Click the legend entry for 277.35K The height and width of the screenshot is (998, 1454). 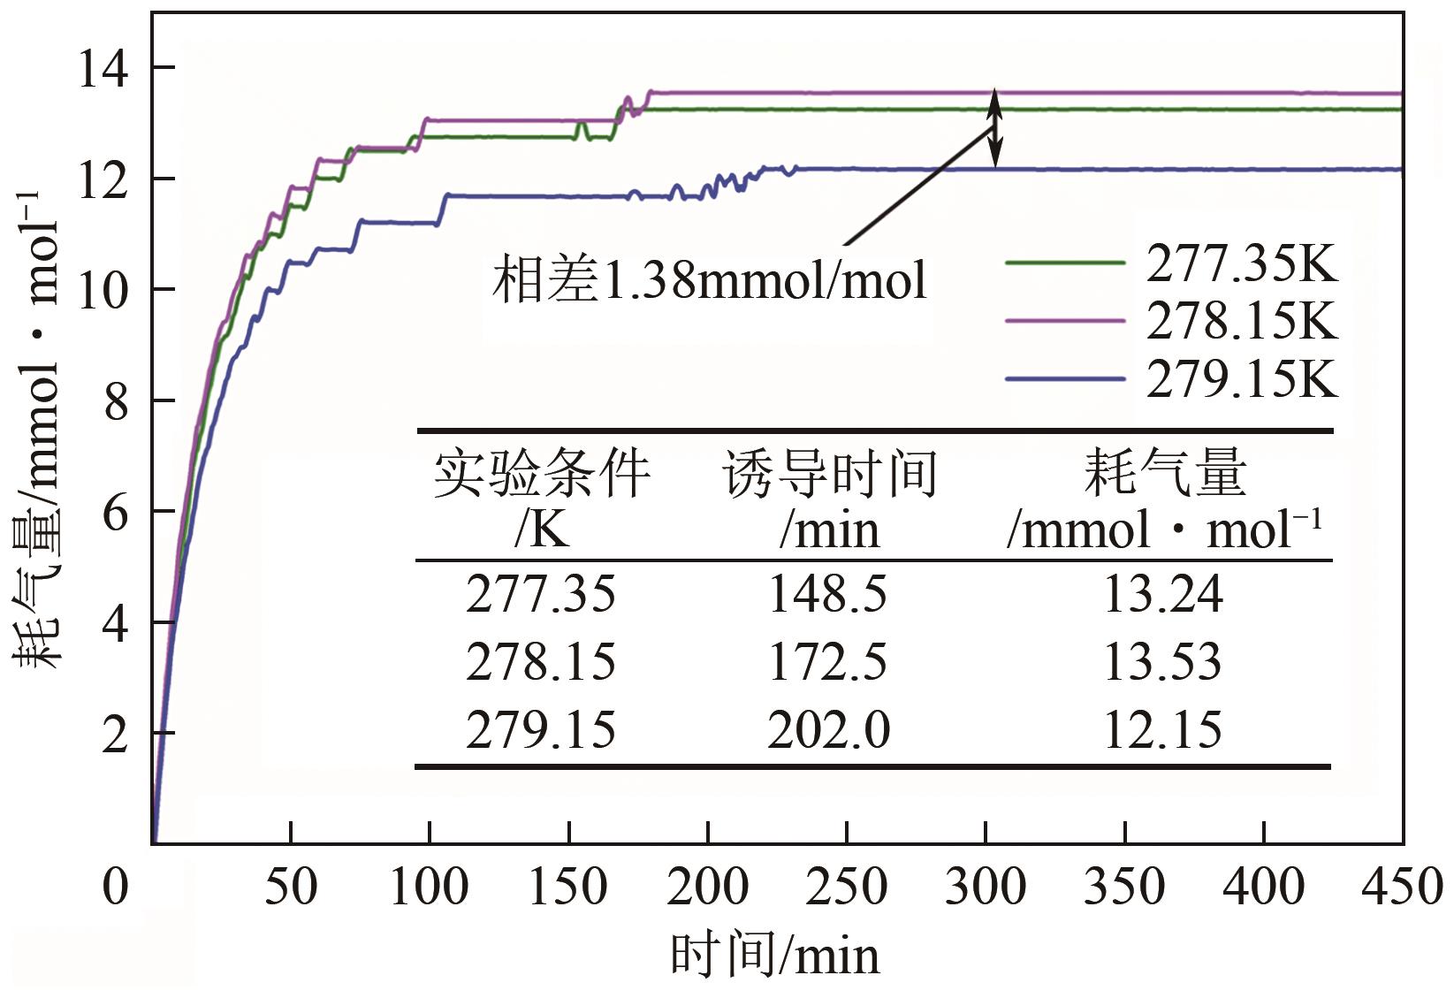(1242, 263)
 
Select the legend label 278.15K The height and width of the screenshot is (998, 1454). (1242, 321)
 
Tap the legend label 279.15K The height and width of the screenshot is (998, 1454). (1242, 378)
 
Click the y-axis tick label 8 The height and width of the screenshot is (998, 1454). (116, 401)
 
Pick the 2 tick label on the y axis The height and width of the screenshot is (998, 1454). (116, 734)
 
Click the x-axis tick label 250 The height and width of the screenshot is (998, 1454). (846, 887)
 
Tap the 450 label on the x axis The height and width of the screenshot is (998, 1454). (1402, 887)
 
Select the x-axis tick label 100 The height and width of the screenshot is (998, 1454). (429, 887)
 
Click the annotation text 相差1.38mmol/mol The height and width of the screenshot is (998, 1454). (710, 280)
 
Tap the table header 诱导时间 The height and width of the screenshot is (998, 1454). (829, 475)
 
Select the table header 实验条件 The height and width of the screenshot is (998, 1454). (541, 475)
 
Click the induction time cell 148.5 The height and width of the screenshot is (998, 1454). (827, 593)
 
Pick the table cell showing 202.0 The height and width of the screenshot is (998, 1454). (828, 730)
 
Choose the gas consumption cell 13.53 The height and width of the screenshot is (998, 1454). (1161, 662)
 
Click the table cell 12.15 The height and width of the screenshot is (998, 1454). (1161, 730)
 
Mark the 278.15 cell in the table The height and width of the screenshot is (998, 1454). (540, 662)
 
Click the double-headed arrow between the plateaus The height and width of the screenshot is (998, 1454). (995, 129)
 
